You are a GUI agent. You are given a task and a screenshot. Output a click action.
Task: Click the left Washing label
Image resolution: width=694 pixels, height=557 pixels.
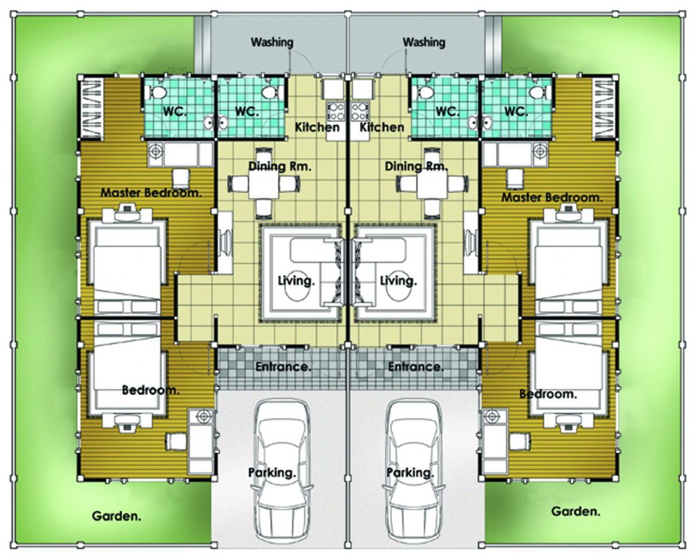pos(272,42)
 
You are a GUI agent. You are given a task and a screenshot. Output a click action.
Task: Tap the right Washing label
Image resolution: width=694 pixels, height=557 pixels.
pos(424,42)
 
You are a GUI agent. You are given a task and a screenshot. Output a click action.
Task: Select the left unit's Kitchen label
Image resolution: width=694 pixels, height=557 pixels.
pos(317,127)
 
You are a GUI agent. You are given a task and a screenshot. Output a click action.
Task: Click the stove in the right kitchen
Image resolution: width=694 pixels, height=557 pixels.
pos(361,111)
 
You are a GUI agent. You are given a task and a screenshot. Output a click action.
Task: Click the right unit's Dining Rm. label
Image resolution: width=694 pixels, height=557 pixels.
pos(416,166)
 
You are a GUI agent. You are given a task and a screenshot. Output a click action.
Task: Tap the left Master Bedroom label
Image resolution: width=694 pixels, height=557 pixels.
pos(151,193)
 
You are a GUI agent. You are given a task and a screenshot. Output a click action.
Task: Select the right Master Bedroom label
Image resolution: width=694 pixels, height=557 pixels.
pos(552,197)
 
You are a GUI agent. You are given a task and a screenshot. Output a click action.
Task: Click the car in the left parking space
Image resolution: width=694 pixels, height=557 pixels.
pos(282,472)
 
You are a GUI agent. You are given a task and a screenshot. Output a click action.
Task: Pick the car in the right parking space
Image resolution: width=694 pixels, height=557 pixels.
pos(414,472)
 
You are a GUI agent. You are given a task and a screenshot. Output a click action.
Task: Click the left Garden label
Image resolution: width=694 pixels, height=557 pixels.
pos(117,516)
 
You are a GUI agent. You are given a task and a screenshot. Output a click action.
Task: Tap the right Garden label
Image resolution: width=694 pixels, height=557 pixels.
pos(575,512)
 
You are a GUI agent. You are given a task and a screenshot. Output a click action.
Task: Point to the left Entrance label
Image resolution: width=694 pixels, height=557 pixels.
pos(283,367)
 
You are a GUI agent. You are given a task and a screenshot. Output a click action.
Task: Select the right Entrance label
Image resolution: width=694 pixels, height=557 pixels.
pos(415,367)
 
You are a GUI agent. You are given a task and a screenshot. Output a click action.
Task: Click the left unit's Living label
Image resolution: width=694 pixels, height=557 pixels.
pos(296,281)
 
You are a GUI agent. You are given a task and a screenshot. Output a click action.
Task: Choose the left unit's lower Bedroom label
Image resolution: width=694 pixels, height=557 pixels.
pos(150,390)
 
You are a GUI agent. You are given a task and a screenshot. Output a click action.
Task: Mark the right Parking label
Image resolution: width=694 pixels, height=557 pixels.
pos(410,472)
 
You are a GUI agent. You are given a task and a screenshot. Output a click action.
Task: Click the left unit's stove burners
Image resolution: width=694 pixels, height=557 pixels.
pos(335,111)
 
